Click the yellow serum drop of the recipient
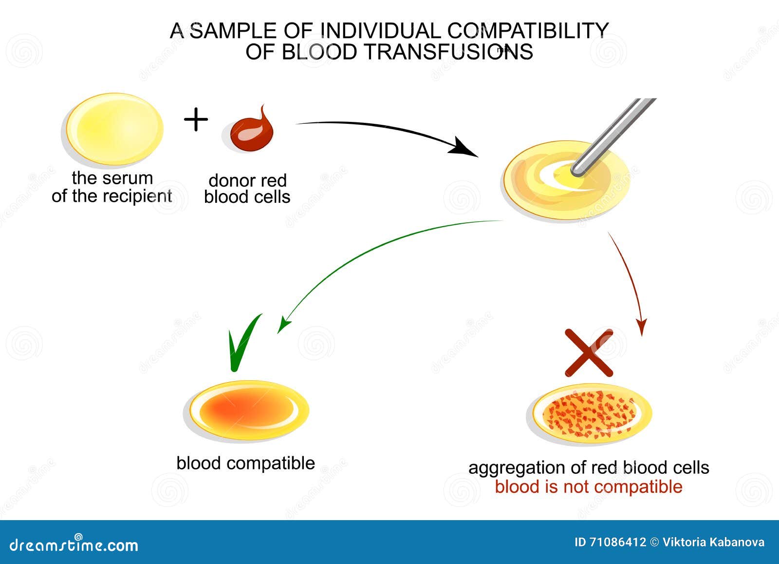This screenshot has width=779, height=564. [x=115, y=129]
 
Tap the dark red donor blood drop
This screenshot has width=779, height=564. [x=250, y=132]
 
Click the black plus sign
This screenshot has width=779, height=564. [x=196, y=119]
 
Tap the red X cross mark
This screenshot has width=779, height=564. [x=589, y=352]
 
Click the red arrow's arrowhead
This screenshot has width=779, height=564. [x=642, y=329]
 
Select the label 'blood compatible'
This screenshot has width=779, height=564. [x=245, y=463]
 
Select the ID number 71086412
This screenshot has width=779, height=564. [x=617, y=542]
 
